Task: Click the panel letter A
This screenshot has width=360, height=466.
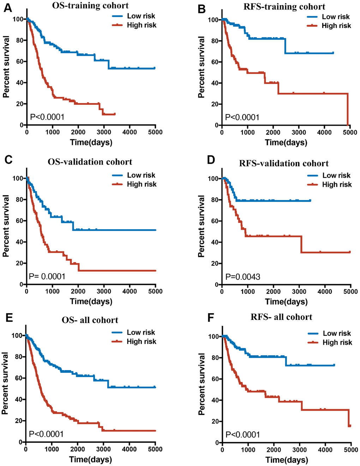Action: tap(7, 8)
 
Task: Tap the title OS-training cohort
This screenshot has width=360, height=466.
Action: tap(90, 6)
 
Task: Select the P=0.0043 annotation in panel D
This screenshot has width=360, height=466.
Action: tap(243, 277)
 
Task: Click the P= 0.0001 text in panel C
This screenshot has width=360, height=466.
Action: tap(47, 276)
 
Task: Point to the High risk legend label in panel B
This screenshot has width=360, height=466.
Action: tap(336, 26)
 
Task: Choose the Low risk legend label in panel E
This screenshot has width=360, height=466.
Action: tap(141, 333)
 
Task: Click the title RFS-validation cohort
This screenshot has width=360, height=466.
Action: tap(284, 163)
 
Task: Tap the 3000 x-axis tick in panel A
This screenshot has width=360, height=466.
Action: tap(104, 132)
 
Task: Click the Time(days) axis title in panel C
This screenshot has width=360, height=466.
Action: tap(91, 301)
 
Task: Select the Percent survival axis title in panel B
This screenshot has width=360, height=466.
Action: tap(202, 67)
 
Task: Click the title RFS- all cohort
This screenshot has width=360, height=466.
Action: tap(281, 317)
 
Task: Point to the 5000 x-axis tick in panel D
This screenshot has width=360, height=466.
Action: tap(350, 292)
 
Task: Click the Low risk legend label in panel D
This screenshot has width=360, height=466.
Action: tap(336, 175)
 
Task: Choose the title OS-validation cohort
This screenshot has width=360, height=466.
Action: tap(90, 162)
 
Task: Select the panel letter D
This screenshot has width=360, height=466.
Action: tap(211, 160)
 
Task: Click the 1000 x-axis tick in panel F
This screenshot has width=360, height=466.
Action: tap(248, 450)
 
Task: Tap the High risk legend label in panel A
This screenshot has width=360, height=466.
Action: tap(142, 25)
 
